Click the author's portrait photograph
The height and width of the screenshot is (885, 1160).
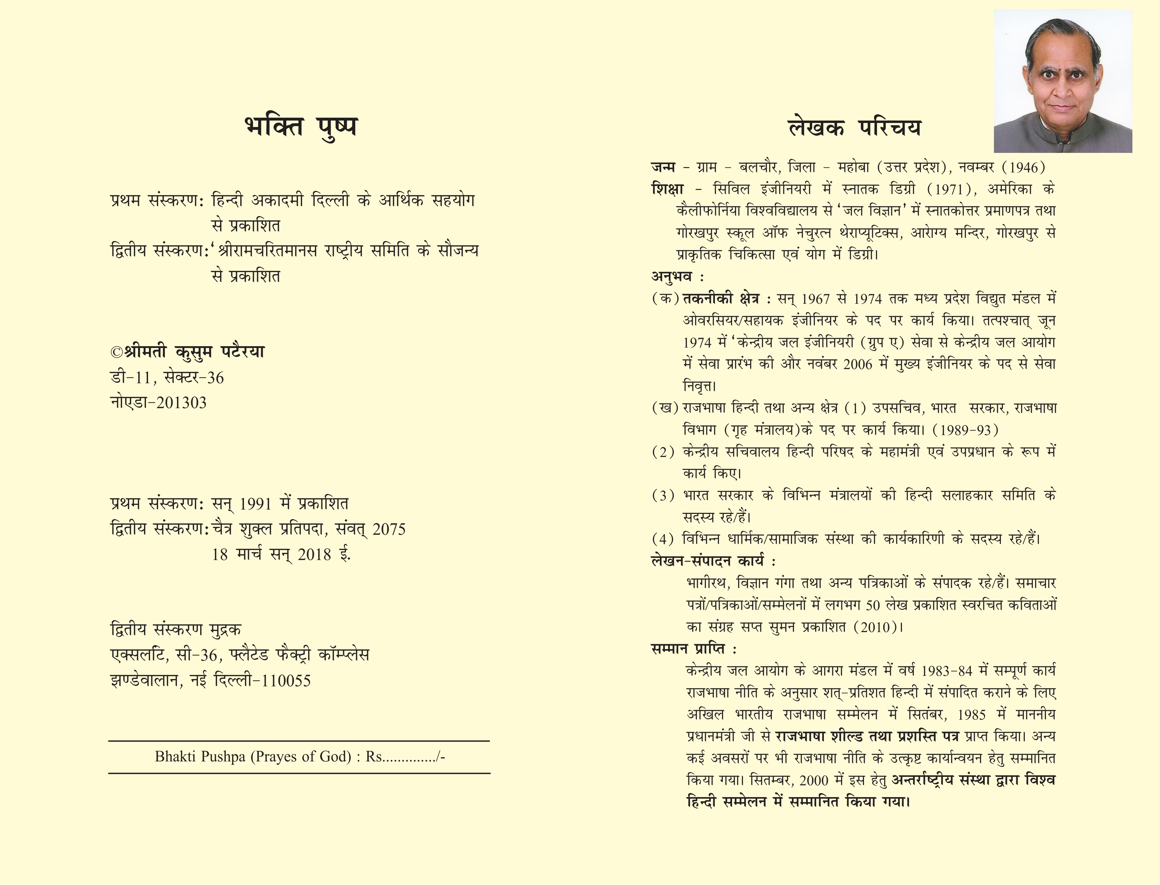click(x=1063, y=81)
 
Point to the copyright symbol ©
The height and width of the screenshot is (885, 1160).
click(x=116, y=352)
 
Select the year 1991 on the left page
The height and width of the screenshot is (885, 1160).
click(x=255, y=504)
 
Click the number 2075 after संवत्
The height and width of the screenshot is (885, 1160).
click(x=389, y=529)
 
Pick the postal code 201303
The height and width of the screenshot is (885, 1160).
click(x=182, y=403)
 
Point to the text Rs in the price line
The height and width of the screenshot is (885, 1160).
click(x=373, y=757)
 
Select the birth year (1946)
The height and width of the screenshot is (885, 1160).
click(x=1023, y=167)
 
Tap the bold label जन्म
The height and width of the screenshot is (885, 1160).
click(x=663, y=167)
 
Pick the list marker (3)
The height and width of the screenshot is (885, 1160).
click(x=663, y=496)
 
